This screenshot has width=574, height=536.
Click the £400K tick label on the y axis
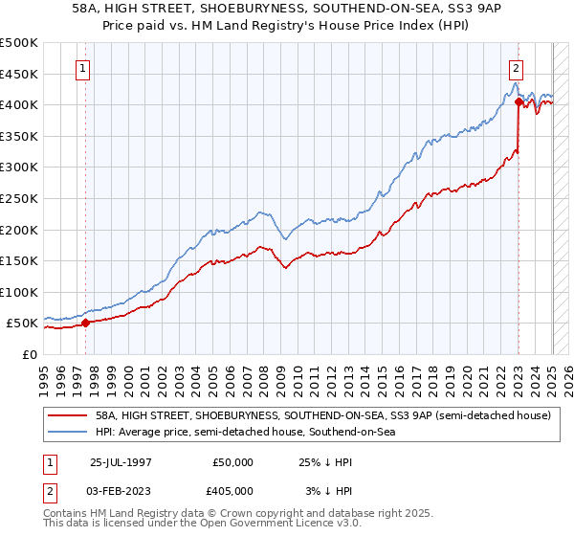tap(19, 104)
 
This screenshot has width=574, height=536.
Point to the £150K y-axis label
tap(19, 260)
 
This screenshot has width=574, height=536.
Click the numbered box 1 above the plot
tap(85, 68)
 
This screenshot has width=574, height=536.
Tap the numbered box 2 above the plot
tap(517, 68)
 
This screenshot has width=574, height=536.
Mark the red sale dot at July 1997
tap(85, 323)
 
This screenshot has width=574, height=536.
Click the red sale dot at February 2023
tap(518, 100)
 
